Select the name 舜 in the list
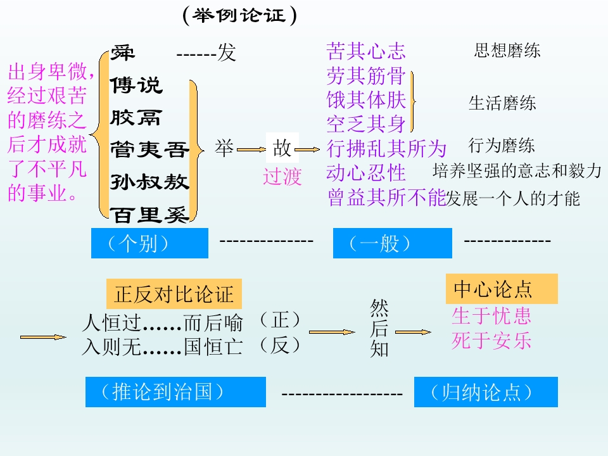pos(123,53)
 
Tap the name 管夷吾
pos(149,150)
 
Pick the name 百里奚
pos(151,215)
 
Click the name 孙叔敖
pos(149,182)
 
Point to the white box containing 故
pos(282,149)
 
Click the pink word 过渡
pos(282,177)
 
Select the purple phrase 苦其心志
pos(365,51)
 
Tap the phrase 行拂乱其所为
pos(386,149)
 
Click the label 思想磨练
pos(507,51)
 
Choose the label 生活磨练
pos(502,103)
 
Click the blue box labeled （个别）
pos(149,244)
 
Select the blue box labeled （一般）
pos(392,244)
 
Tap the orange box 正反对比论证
pos(174,294)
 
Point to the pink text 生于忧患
pos(491,315)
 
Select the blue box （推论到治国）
pos(175,392)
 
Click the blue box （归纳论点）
pos(485,392)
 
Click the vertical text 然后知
pos(379,329)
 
